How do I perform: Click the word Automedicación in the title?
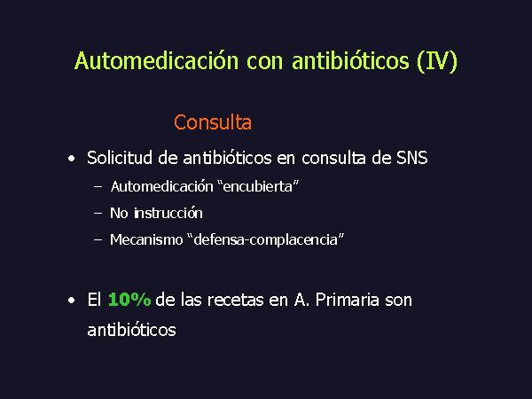click(156, 60)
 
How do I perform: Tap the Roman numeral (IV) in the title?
click(437, 61)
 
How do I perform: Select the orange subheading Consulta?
click(213, 122)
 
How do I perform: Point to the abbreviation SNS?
click(412, 158)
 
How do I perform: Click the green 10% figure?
click(129, 300)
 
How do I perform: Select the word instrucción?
click(168, 213)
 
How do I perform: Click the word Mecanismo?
click(146, 239)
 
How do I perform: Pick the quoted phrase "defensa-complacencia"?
click(266, 239)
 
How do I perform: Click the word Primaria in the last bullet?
click(347, 300)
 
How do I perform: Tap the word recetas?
click(235, 301)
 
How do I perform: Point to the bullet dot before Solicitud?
click(71, 159)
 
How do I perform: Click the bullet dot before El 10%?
click(71, 301)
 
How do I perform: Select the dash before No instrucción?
click(98, 214)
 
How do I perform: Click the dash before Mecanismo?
click(98, 240)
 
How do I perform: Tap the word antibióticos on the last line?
click(131, 330)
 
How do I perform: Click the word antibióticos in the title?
click(350, 60)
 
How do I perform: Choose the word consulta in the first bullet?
click(334, 158)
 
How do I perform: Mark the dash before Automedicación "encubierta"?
click(98, 186)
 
